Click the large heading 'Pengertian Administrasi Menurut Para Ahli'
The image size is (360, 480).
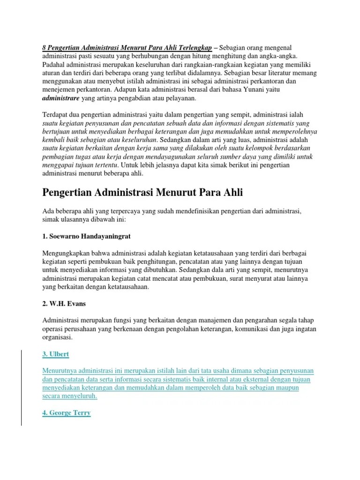point(143,193)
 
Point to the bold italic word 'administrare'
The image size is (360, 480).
point(61,99)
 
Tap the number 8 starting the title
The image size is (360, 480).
point(44,48)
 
